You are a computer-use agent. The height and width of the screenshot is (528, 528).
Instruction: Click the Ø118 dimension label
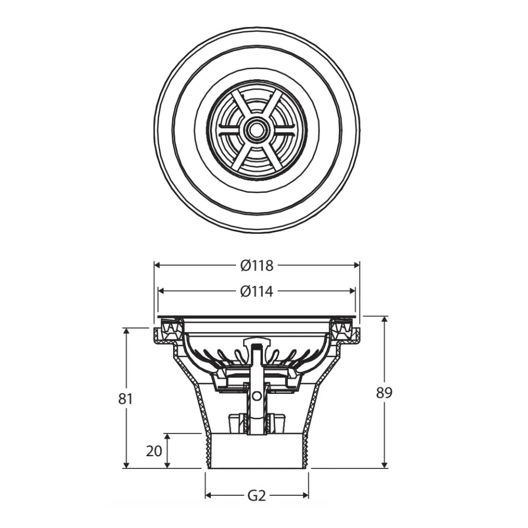[257, 266]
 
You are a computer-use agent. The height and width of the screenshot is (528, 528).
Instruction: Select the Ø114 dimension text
[257, 291]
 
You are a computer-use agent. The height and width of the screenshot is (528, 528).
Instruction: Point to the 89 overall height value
[384, 393]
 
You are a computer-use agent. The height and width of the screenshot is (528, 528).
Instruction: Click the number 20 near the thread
[154, 451]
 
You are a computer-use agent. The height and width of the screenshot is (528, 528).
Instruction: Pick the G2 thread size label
[257, 496]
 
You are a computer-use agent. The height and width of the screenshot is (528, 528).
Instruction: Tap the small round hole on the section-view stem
[257, 395]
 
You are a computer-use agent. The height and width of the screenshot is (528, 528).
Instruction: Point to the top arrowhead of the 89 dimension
[384, 320]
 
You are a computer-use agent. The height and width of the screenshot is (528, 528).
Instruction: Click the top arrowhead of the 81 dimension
[126, 332]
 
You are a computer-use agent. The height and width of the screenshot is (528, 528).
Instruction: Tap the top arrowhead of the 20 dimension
[167, 438]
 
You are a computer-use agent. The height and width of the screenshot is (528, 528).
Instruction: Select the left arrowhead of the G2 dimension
[209, 496]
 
